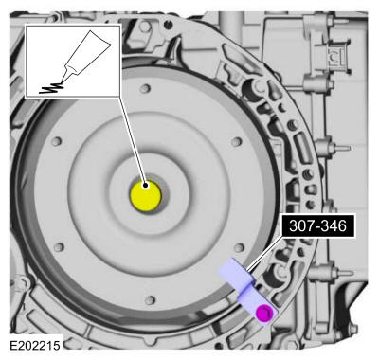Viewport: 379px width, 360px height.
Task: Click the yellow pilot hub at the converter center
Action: (x=146, y=196)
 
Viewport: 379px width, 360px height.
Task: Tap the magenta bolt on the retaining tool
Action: (x=264, y=313)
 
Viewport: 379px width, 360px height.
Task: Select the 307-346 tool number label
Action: (x=317, y=226)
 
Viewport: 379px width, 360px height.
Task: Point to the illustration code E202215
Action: (x=35, y=345)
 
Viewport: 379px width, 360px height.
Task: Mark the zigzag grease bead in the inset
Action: (x=50, y=88)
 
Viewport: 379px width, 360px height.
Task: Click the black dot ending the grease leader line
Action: (x=145, y=186)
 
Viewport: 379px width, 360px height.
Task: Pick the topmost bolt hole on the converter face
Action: (x=145, y=88)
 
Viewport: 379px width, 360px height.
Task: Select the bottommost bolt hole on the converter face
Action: (x=150, y=300)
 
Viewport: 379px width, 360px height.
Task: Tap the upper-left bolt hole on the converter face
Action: (x=57, y=141)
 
